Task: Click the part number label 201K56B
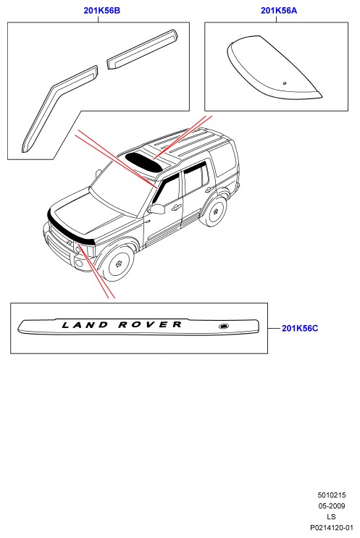[102, 11]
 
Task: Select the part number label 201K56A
[279, 11]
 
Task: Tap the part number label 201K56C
[300, 328]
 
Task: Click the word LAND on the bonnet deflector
[85, 324]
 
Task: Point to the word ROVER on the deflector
[150, 324]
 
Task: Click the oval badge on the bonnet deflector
[224, 326]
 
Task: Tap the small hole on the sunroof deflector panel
[285, 83]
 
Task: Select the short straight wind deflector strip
[143, 49]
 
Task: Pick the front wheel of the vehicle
[118, 264]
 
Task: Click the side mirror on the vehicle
[156, 209]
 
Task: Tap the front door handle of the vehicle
[177, 207]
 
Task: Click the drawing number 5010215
[332, 495]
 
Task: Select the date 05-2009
[332, 506]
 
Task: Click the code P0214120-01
[332, 528]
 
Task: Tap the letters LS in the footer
[331, 517]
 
